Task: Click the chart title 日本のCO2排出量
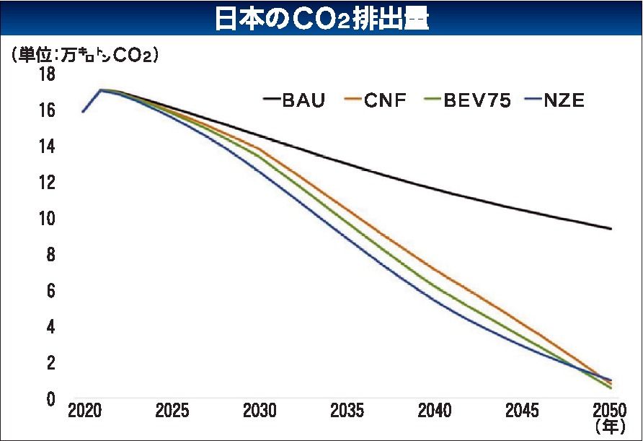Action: tap(321, 19)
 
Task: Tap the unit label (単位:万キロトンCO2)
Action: tap(84, 55)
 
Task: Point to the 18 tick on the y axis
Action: tap(47, 74)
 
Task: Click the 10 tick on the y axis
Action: tap(47, 219)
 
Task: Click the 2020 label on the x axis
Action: tap(84, 411)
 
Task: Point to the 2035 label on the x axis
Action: tap(347, 411)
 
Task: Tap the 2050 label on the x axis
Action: tap(611, 411)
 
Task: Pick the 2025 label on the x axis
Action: tap(172, 411)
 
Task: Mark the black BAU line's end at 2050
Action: tap(611, 229)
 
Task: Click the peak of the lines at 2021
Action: tap(101, 90)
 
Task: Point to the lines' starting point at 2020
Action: tap(84, 111)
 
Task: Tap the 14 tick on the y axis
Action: tap(47, 147)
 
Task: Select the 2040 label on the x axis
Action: tap(435, 411)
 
